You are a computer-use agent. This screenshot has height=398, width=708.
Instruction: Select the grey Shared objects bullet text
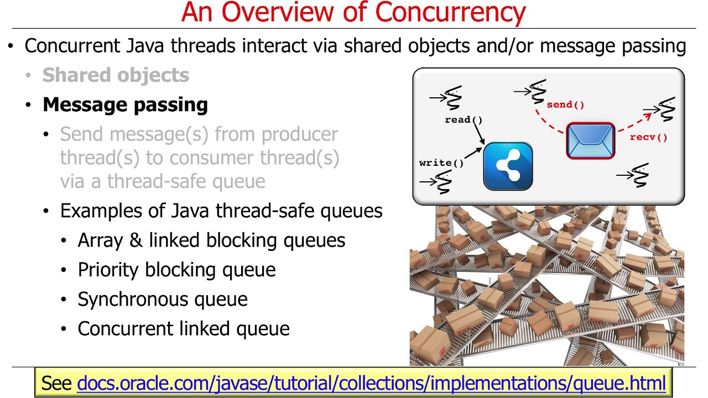pos(116,75)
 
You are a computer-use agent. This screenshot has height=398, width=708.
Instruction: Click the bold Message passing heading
pos(125,104)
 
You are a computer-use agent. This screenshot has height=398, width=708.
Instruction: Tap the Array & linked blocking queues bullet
pos(211,240)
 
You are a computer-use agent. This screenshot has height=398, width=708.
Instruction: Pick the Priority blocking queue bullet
pos(176,270)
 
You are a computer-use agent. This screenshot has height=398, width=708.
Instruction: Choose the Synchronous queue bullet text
pos(163,299)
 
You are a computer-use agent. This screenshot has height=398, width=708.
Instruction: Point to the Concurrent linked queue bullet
pos(184,328)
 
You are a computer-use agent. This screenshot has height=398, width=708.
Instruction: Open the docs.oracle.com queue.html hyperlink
pos(371,383)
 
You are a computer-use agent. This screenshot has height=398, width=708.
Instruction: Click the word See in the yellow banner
pos(57,383)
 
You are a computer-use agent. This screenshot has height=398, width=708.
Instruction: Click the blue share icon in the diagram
pos(508,166)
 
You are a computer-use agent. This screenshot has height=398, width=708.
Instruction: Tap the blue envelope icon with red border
pos(591,141)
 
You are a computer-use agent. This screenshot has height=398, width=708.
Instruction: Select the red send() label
pos(565,104)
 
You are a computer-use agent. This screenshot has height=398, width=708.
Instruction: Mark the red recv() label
pos(648,137)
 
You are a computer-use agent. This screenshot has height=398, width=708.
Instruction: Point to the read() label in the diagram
pos(464,119)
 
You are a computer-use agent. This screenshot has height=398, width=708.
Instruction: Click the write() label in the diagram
pos(441,163)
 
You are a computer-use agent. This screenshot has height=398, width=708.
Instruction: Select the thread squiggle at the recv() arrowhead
pos(667,109)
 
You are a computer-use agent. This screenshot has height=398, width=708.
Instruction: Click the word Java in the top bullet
pos(147,46)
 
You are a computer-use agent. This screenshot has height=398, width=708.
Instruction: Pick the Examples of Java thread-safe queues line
pos(221,211)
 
